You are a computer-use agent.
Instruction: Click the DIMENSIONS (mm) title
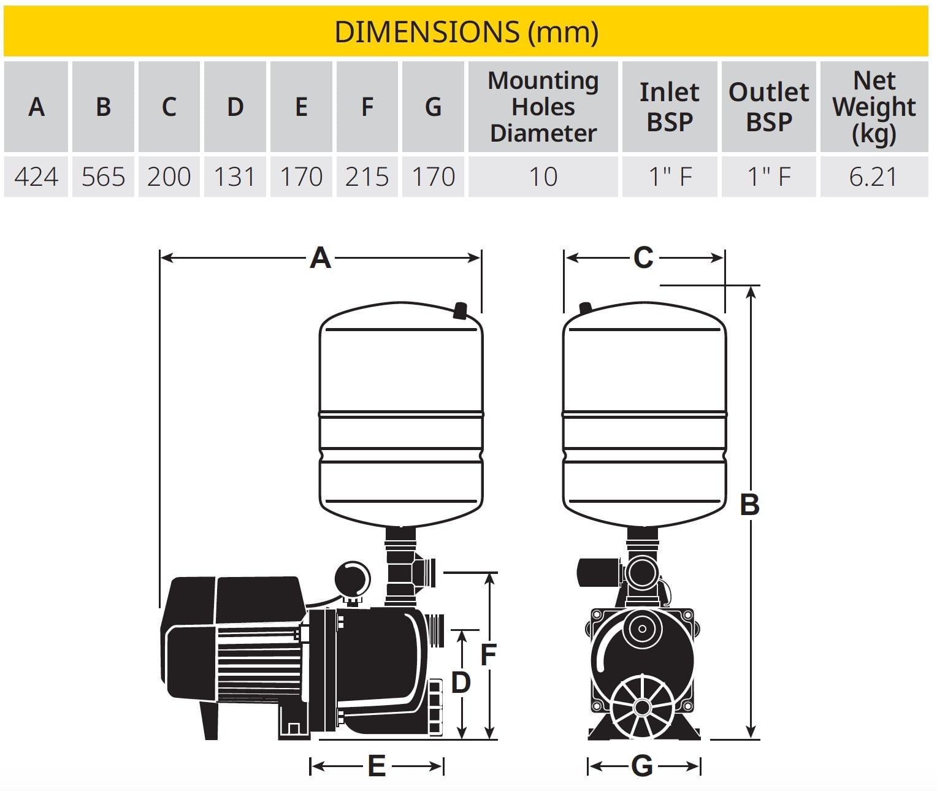[x=466, y=32]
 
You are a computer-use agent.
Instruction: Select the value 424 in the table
[x=36, y=177]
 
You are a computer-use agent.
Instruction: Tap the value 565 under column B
[x=103, y=177]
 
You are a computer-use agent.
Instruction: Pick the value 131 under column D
[x=235, y=177]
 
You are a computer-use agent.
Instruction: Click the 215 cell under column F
[x=367, y=177]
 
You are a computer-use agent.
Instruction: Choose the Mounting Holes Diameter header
[x=543, y=107]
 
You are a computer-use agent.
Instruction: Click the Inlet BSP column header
[x=670, y=107]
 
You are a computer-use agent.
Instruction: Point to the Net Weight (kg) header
[x=874, y=108]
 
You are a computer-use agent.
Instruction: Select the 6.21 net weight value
[x=873, y=177]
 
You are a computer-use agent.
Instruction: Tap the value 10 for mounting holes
[x=543, y=177]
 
